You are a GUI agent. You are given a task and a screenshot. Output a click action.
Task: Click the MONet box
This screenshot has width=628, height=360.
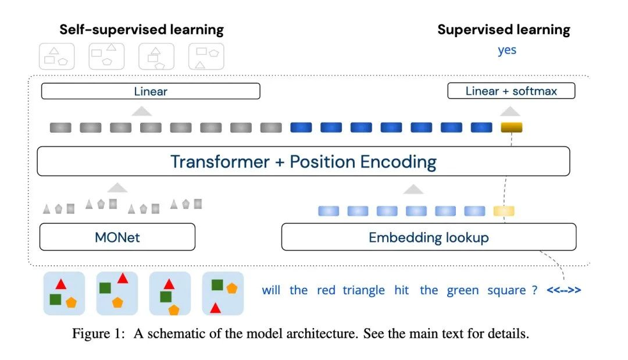click(x=117, y=237)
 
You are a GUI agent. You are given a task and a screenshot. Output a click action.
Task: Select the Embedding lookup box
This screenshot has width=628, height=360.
click(x=429, y=237)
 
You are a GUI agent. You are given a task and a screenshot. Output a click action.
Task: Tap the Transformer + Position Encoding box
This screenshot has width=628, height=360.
click(x=303, y=161)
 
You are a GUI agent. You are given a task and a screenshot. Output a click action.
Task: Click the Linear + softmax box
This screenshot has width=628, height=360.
click(x=511, y=91)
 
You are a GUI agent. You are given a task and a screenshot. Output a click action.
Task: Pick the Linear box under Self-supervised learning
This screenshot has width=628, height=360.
click(x=151, y=91)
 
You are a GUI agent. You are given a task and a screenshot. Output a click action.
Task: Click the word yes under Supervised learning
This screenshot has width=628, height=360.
click(x=507, y=51)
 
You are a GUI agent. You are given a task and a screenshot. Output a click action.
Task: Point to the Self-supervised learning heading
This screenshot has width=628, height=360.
click(x=141, y=30)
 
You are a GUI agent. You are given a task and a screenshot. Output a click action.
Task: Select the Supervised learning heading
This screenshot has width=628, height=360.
click(x=504, y=30)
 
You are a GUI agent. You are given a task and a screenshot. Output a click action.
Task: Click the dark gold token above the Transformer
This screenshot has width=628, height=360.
click(x=512, y=127)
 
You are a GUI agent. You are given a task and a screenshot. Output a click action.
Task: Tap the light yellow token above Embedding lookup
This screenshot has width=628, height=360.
click(x=504, y=211)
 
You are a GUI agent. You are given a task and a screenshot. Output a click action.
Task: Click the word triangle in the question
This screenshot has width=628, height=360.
click(x=363, y=290)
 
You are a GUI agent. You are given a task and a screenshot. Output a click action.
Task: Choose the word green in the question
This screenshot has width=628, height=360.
click(x=463, y=291)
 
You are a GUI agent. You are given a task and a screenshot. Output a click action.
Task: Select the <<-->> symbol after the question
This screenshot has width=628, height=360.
click(x=564, y=290)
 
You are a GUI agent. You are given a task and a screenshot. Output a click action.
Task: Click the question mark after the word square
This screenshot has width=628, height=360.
click(x=535, y=290)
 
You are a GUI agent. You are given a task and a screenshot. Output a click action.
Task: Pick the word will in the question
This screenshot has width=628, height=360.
click(x=271, y=290)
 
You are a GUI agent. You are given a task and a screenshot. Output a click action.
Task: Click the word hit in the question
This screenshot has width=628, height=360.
click(x=401, y=290)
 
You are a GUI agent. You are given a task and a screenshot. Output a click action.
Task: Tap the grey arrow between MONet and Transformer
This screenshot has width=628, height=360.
click(x=117, y=187)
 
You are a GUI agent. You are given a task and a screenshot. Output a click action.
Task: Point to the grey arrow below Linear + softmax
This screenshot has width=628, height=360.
click(x=511, y=111)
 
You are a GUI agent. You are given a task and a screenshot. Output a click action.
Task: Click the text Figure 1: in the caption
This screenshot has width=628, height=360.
click(x=98, y=334)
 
